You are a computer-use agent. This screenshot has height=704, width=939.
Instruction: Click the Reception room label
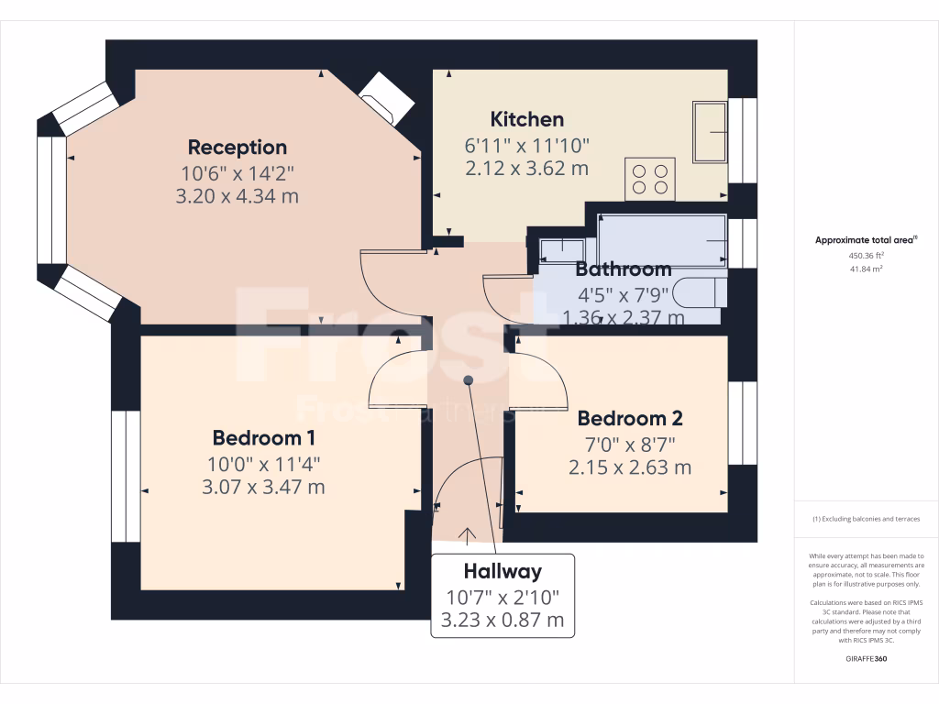click(x=238, y=147)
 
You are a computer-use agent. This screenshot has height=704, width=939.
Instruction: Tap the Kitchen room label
click(x=527, y=119)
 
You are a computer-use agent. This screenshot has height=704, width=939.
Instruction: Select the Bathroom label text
click(x=624, y=269)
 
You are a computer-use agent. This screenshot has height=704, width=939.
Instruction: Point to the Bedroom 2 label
click(x=630, y=419)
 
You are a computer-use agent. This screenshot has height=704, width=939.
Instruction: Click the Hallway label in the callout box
click(x=503, y=571)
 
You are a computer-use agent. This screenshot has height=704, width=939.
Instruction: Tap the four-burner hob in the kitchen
click(x=650, y=179)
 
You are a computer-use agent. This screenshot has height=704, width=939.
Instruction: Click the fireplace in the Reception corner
click(x=383, y=97)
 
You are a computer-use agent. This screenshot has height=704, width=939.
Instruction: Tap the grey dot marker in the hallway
click(x=469, y=379)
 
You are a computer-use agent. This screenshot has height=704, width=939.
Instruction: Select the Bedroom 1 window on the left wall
click(x=126, y=477)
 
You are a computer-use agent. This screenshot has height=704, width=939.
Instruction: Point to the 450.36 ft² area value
click(x=867, y=256)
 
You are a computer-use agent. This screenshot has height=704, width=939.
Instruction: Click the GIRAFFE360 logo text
click(x=867, y=659)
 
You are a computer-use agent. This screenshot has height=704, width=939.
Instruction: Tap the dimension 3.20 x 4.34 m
click(x=238, y=196)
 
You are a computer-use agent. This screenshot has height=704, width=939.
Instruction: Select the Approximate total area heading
click(x=867, y=240)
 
